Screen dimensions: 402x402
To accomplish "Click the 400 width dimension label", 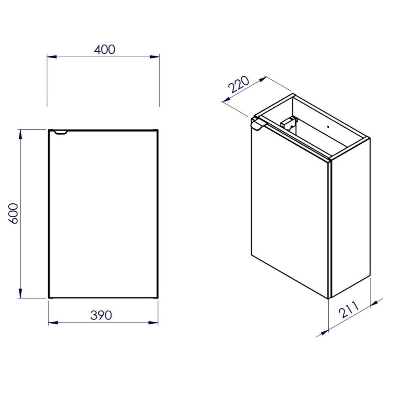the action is (x=105, y=50).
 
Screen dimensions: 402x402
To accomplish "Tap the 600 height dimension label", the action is (x=13, y=213).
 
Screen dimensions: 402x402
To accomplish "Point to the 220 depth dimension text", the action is (x=239, y=84).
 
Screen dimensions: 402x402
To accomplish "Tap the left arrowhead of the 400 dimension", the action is (x=52, y=57).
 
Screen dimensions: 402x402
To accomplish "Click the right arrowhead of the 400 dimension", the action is (x=154, y=57).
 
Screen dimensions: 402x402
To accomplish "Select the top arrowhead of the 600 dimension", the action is (x=20, y=135).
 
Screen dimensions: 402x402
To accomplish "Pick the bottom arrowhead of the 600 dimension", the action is (x=20, y=293).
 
